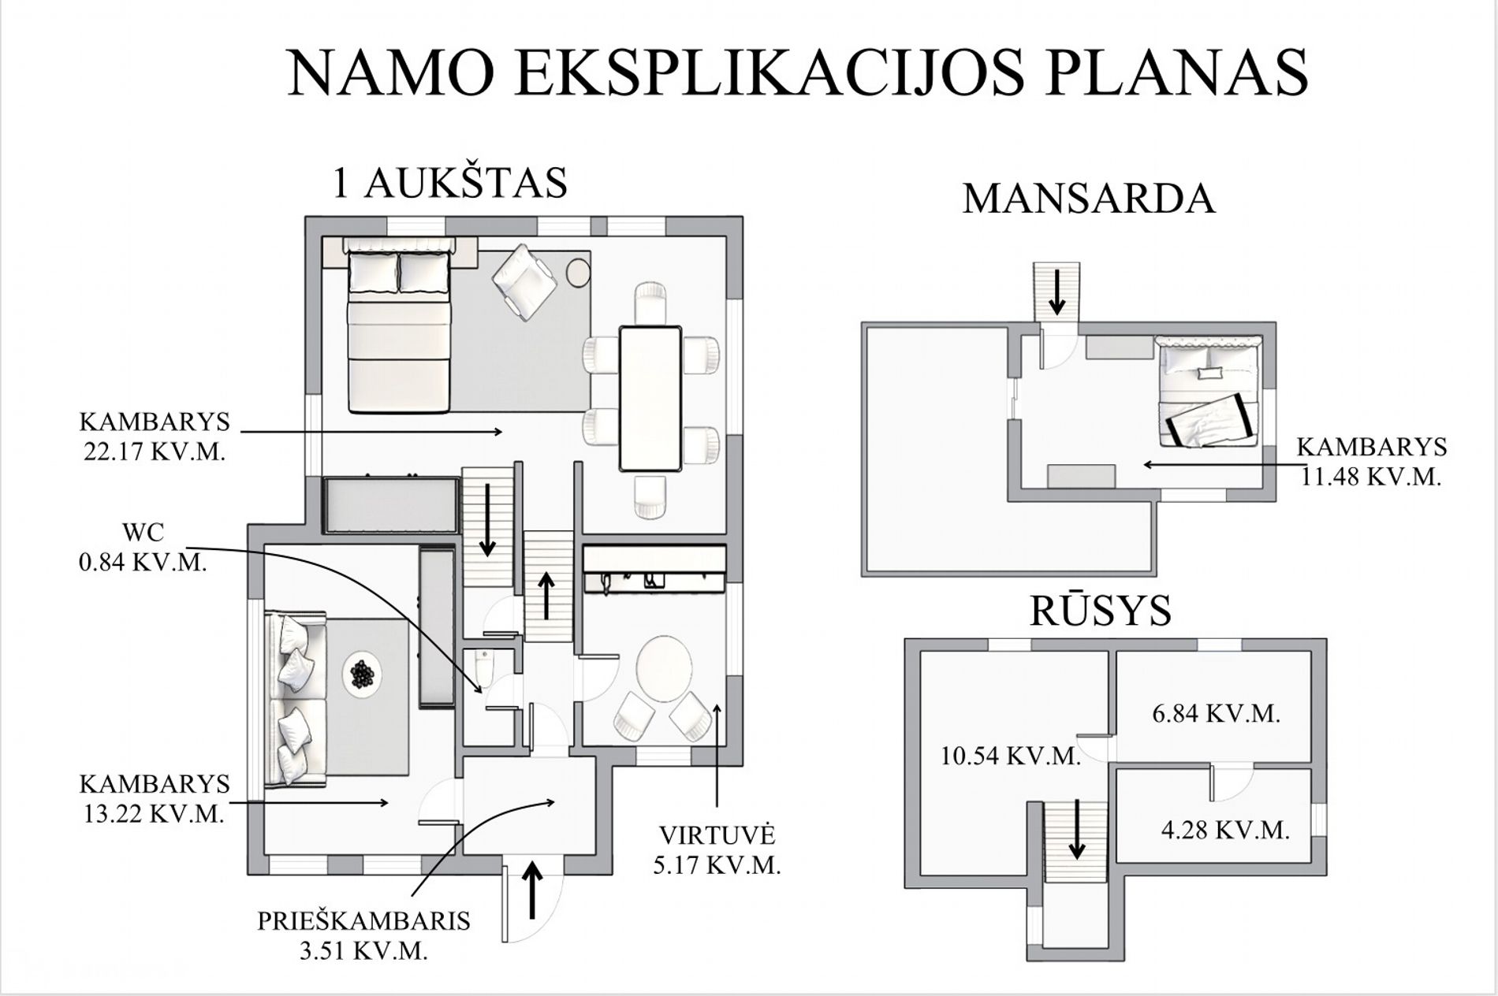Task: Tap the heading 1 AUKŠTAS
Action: tap(450, 184)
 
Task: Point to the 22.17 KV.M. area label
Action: tap(155, 454)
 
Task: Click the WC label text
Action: tap(143, 532)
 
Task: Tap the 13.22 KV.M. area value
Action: tap(155, 814)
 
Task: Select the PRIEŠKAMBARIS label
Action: tap(363, 920)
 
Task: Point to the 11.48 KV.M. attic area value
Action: tap(1371, 477)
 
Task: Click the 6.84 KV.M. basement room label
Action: tap(1216, 714)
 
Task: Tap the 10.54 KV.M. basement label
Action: tap(1011, 756)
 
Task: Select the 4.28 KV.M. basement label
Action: tap(1225, 830)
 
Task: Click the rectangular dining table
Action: tap(650, 398)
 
